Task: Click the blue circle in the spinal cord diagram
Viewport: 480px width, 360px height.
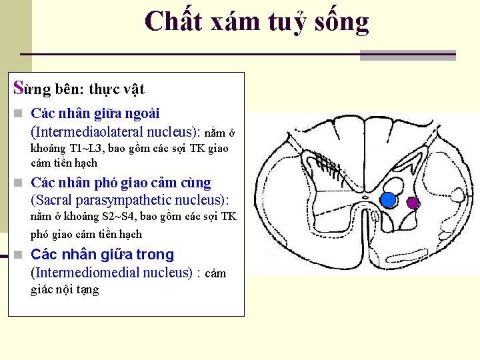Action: click(389, 199)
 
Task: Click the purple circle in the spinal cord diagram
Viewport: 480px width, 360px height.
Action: click(413, 203)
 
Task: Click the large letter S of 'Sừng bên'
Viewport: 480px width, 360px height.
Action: click(19, 88)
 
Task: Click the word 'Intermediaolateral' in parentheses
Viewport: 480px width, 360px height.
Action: click(89, 131)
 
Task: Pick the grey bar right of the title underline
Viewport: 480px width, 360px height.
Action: click(407, 55)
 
